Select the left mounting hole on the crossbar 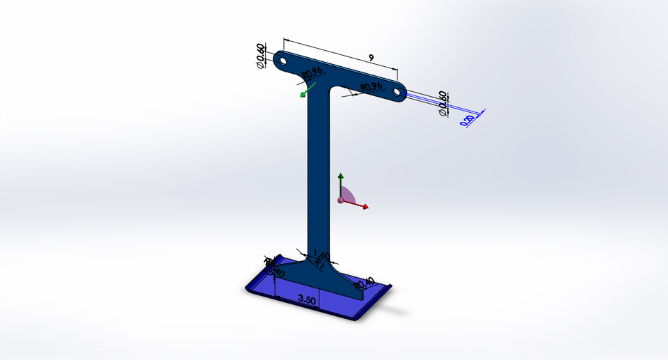(x=284, y=61)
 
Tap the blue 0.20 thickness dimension (x=468, y=120)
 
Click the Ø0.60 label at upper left (x=261, y=56)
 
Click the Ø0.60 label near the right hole (x=443, y=103)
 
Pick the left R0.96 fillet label (x=312, y=72)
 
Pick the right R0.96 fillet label (x=371, y=87)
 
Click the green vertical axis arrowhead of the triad (x=340, y=177)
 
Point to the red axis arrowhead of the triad (x=365, y=207)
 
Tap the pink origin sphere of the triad (x=340, y=201)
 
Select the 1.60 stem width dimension (x=321, y=254)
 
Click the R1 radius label (x=319, y=264)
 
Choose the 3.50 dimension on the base (x=308, y=299)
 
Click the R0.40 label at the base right (x=364, y=283)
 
